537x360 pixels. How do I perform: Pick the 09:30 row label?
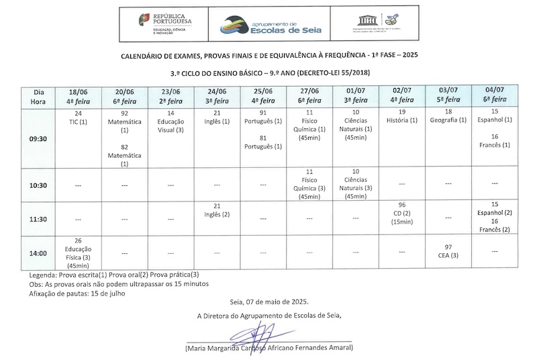click(x=38, y=139)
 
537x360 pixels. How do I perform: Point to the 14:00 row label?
click(x=38, y=253)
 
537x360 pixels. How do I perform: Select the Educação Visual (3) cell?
click(x=170, y=122)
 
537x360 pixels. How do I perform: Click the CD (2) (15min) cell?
click(x=402, y=213)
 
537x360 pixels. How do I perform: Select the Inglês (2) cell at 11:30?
click(x=217, y=210)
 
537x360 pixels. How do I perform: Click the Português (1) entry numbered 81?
click(x=262, y=141)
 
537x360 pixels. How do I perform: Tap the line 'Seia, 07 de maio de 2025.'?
click(x=269, y=302)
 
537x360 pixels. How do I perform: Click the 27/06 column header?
click(x=309, y=96)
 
